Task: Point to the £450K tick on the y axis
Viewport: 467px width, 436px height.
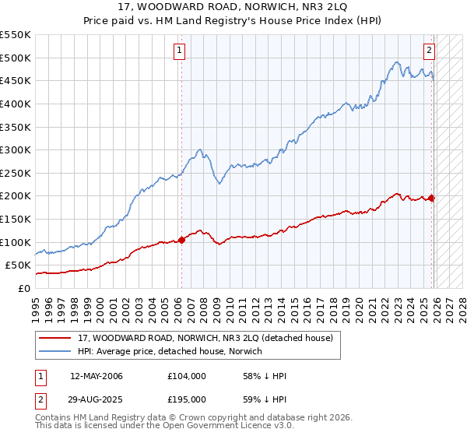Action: point(16,80)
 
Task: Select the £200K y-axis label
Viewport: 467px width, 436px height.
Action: point(16,195)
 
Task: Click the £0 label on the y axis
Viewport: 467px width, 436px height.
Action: point(24,288)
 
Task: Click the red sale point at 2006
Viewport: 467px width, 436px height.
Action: point(182,240)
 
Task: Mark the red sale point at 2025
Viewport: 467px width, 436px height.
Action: point(432,198)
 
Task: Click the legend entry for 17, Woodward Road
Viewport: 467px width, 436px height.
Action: point(205,338)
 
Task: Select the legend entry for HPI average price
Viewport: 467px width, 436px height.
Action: point(170,352)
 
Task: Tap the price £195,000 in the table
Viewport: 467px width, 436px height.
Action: point(187,398)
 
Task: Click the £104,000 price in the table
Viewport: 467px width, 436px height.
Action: point(187,376)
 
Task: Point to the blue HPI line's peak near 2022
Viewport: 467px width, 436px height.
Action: point(396,62)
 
